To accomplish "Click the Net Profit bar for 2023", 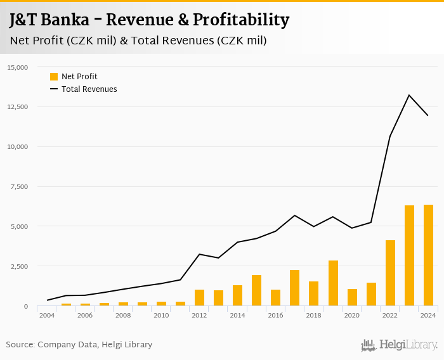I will [409, 255].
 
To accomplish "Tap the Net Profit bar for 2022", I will [390, 273].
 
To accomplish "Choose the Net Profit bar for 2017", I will [294, 288].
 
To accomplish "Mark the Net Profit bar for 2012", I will [199, 298].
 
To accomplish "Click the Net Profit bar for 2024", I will [428, 255].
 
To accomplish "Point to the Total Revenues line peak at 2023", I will [409, 95].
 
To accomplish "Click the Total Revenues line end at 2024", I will [428, 115].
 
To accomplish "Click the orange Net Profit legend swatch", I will [54, 77].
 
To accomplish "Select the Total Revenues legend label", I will [89, 89].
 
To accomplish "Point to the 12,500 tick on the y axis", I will [18, 106].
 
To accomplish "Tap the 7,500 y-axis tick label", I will [20, 186].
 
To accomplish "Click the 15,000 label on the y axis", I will [18, 67].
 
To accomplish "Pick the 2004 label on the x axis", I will [46, 315].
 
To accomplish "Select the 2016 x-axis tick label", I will [275, 315].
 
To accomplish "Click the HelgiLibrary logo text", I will [408, 345].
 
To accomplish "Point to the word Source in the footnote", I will [20, 345].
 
